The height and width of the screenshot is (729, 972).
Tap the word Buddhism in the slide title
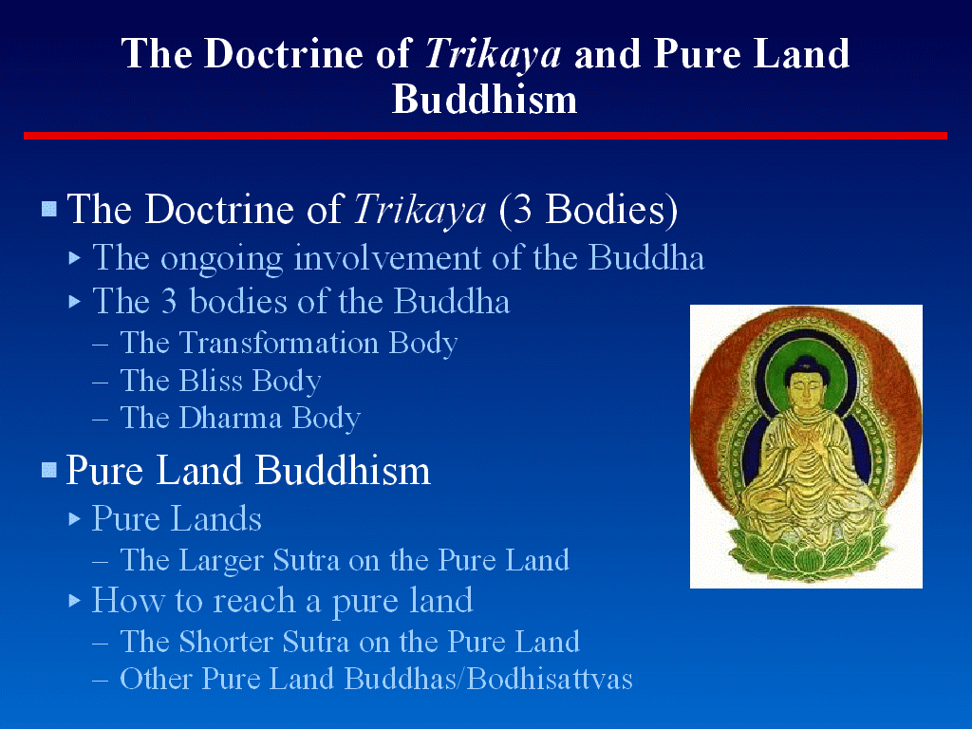[x=485, y=99]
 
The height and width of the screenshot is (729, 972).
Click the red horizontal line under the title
[x=485, y=136]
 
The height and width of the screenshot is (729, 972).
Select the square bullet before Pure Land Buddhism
[x=49, y=470]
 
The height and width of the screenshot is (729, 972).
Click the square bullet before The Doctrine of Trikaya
[x=49, y=208]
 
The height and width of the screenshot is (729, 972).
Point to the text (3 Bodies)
[x=589, y=210]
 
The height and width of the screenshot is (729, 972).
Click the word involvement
[x=387, y=257]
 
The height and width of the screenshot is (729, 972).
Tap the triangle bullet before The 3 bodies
[x=75, y=302]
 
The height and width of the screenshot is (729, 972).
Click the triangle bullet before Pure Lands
[x=75, y=519]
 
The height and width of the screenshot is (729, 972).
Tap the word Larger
[x=220, y=561]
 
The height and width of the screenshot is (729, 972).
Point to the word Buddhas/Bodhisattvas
[x=489, y=679]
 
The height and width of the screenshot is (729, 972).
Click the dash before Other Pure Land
[x=101, y=680]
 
